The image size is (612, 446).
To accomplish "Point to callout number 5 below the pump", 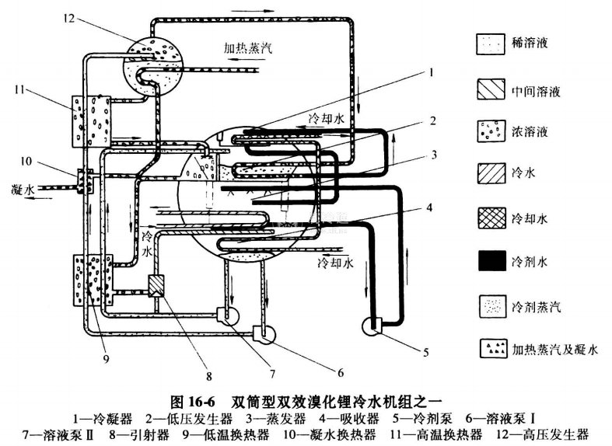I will tap(425, 351).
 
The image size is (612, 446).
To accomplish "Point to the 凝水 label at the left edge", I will tap(23, 189).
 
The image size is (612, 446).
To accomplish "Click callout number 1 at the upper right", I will tap(428, 72).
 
